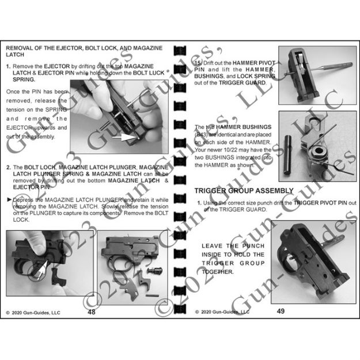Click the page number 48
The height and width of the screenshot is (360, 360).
click(x=92, y=312)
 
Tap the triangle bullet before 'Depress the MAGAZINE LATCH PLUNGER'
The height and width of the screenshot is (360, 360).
click(x=8, y=198)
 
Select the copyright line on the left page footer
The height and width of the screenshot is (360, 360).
click(x=33, y=313)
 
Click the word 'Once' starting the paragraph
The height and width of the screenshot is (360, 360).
click(x=13, y=92)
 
